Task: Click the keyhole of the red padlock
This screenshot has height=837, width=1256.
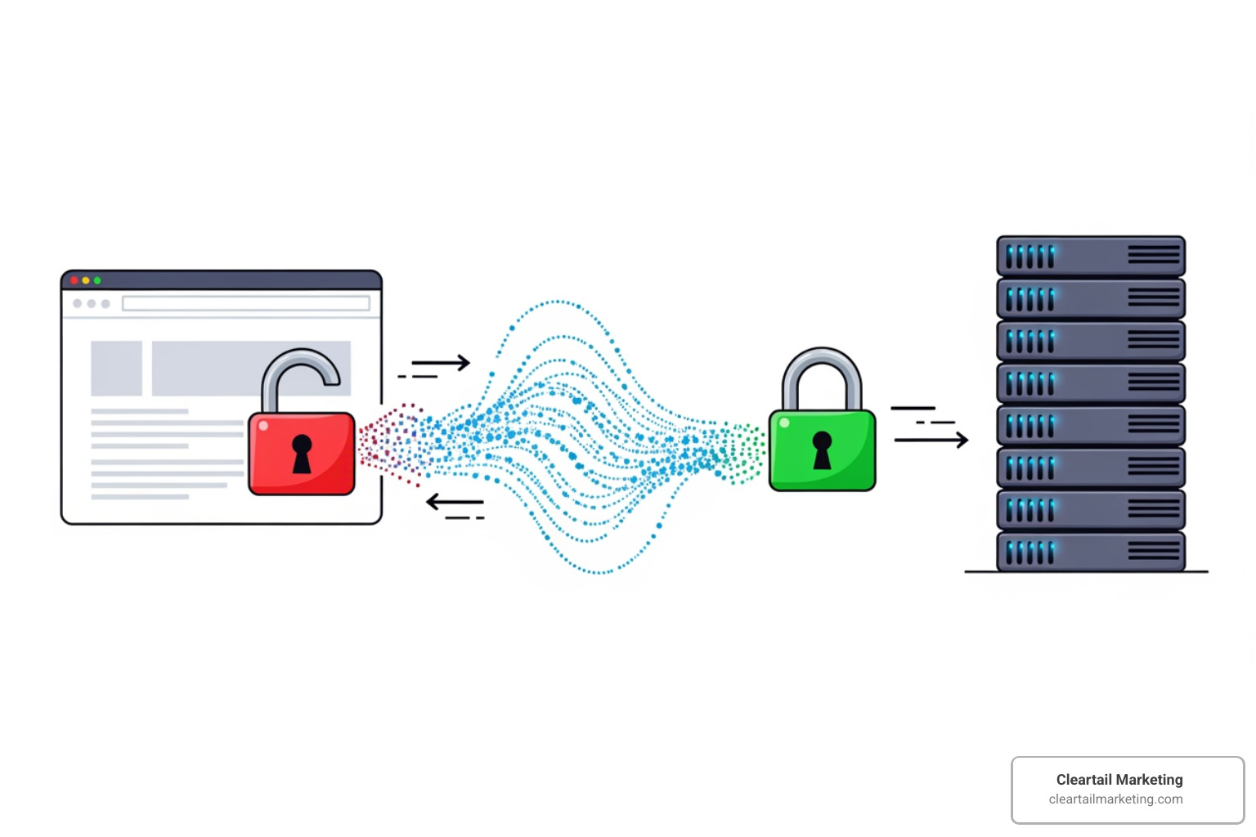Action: click(x=302, y=454)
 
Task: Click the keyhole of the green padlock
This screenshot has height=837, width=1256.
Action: click(x=822, y=450)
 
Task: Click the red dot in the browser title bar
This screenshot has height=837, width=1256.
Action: click(x=74, y=280)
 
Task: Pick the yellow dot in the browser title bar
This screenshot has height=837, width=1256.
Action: click(x=86, y=280)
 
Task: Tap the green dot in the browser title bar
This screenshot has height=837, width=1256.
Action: click(x=97, y=280)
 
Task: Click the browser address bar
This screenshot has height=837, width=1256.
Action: click(x=245, y=303)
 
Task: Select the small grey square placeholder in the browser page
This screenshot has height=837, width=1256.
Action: click(x=116, y=369)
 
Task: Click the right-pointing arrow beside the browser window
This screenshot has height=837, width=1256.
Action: click(x=442, y=362)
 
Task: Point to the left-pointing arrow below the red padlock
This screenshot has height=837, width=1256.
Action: click(x=455, y=502)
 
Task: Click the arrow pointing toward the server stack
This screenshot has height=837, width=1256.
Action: click(x=932, y=440)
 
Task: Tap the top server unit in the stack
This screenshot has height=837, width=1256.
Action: click(x=1090, y=257)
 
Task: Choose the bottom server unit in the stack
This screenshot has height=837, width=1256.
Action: click(x=1090, y=552)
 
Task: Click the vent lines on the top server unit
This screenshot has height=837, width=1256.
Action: click(x=1153, y=256)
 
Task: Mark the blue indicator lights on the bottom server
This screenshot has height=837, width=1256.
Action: click(x=1029, y=553)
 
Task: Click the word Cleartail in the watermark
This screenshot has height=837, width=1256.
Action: click(x=1083, y=780)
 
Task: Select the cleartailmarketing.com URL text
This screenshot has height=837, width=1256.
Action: click(x=1115, y=799)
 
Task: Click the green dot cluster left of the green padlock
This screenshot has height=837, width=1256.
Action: click(x=742, y=454)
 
